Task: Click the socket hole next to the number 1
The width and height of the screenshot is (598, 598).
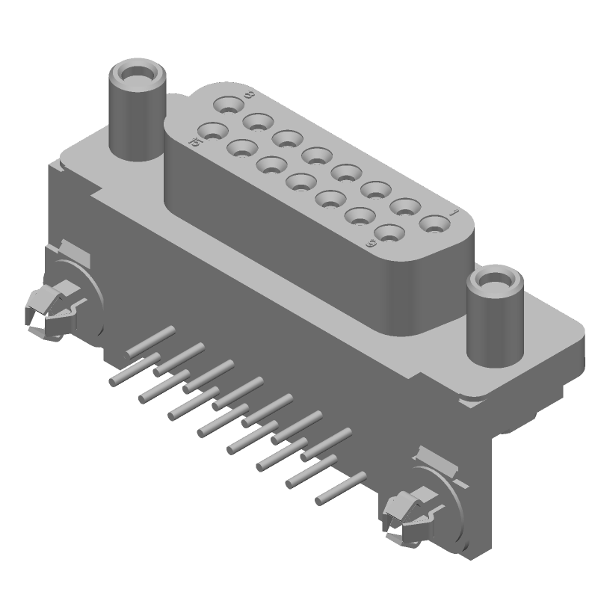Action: pyautogui.click(x=432, y=223)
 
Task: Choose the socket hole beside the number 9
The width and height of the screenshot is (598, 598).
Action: pyautogui.click(x=388, y=232)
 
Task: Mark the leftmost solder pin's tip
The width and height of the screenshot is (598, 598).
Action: pyautogui.click(x=113, y=382)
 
